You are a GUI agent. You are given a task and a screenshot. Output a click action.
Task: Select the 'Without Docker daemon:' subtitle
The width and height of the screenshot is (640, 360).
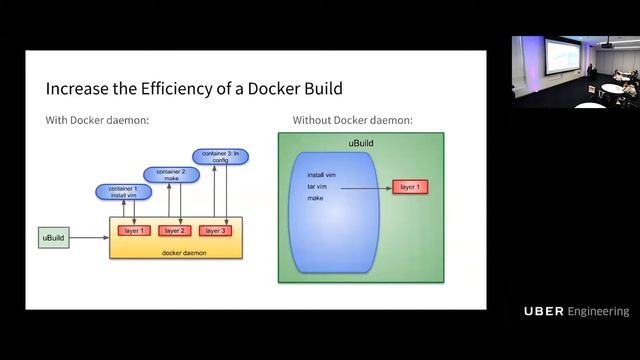[x=352, y=121]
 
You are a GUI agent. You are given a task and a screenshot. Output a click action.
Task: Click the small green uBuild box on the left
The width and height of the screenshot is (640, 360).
[x=53, y=238]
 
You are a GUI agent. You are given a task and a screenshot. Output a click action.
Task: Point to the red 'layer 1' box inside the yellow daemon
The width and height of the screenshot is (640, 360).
[x=133, y=231]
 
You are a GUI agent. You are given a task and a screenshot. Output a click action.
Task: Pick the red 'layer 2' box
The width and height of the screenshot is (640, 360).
[x=173, y=231]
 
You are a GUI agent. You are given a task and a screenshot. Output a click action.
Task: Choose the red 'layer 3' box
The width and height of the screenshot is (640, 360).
[x=212, y=231]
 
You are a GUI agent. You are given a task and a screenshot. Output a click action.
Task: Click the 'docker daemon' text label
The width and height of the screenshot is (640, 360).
[x=182, y=252]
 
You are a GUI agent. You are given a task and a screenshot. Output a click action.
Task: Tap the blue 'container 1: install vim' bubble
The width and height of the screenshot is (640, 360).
[x=123, y=192]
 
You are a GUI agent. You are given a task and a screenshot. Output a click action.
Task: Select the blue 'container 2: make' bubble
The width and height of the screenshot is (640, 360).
[x=165, y=174]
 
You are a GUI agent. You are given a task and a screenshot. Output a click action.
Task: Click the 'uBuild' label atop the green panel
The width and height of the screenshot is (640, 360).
[x=361, y=145]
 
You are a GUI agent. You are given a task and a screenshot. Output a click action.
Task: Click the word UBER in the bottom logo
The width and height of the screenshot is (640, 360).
[x=543, y=312]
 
